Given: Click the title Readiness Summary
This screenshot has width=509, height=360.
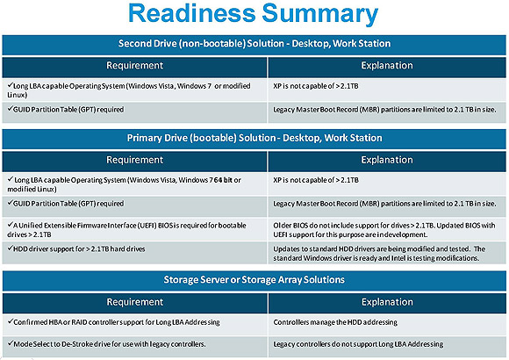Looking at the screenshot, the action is [x=254, y=13].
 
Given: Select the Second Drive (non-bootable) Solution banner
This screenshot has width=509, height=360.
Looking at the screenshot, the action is [x=254, y=45].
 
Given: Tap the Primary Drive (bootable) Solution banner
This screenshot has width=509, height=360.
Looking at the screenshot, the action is [x=254, y=139].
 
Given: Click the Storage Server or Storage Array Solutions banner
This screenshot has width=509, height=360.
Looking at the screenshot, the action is [x=254, y=280].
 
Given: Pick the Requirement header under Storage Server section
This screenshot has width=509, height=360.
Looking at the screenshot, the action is [x=135, y=303].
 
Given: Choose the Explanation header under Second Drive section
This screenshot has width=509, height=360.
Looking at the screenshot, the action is [x=387, y=67].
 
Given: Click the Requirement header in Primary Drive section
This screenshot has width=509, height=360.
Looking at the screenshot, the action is [x=135, y=161].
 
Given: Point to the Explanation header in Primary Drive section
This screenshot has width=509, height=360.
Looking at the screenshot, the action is [x=387, y=161].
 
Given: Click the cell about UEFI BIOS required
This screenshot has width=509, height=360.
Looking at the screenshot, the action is [x=135, y=229].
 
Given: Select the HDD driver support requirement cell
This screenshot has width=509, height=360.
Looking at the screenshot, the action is [x=135, y=253].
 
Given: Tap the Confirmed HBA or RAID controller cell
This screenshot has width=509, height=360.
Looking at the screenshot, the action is [x=135, y=324].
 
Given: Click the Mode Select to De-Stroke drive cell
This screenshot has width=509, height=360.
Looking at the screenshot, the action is [x=135, y=347].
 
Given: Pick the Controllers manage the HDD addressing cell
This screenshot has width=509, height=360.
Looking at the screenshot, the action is [x=387, y=324].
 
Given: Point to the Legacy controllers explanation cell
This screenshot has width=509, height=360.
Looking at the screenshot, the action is [x=387, y=347].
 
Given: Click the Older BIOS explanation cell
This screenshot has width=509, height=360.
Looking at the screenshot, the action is [x=387, y=229].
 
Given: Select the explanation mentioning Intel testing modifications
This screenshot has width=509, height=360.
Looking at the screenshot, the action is [x=387, y=253].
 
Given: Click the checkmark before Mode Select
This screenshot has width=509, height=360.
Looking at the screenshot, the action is [x=10, y=343].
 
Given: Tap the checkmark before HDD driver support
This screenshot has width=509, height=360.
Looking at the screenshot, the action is [x=10, y=248].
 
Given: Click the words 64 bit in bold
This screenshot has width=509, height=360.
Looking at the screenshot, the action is [x=223, y=180].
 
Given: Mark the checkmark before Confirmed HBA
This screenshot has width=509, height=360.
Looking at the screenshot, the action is [x=10, y=321].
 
